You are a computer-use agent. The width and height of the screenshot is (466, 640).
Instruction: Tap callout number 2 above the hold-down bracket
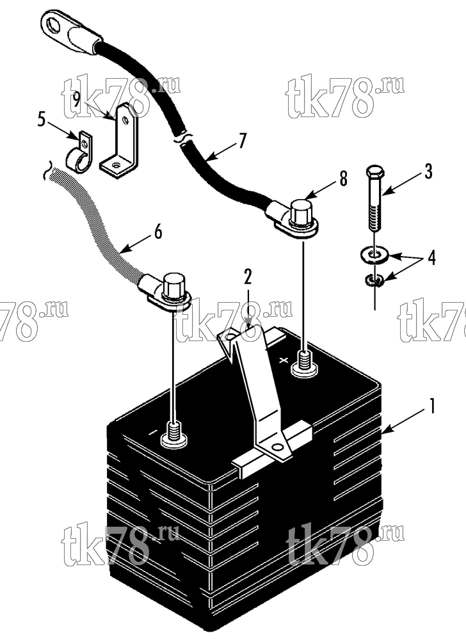pyautogui.click(x=248, y=276)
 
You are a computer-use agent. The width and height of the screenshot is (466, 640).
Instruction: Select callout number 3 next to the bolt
pyautogui.click(x=428, y=172)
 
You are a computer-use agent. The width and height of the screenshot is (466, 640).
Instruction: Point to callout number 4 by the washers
pyautogui.click(x=431, y=258)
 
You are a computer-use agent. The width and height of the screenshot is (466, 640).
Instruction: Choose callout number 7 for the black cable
pyautogui.click(x=243, y=141)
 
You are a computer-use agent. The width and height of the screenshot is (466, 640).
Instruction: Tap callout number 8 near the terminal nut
pyautogui.click(x=343, y=179)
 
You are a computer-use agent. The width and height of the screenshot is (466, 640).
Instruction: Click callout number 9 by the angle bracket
pyautogui.click(x=77, y=100)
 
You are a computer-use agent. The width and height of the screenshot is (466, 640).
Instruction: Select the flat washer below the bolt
pyautogui.click(x=374, y=255)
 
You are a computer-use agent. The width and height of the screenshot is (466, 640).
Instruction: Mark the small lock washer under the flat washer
pyautogui.click(x=373, y=280)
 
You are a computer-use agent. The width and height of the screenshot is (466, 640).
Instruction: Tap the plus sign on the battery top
pyautogui.click(x=284, y=360)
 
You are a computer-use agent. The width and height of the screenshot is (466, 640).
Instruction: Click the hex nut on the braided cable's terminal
pyautogui.click(x=174, y=284)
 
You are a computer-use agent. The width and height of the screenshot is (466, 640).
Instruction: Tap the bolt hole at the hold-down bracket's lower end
pyautogui.click(x=278, y=447)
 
